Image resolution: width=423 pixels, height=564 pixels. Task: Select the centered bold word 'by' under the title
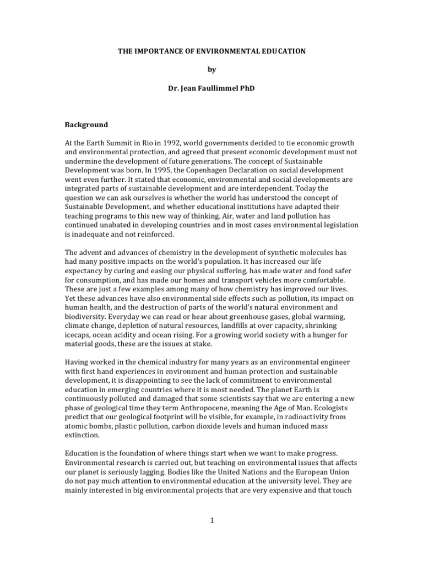212,69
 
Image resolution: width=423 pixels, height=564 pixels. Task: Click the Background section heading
86,124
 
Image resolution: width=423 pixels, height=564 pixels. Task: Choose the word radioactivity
299,417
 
